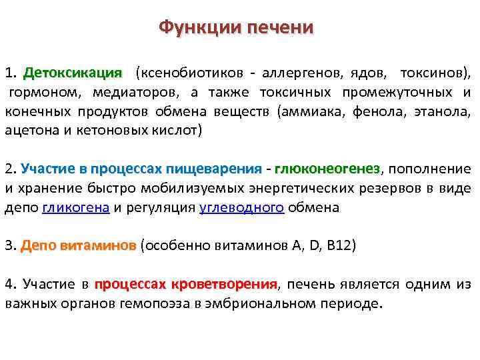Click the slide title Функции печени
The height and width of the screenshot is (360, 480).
coord(236,28)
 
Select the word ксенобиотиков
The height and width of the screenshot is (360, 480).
coord(186,72)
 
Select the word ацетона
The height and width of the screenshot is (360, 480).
coord(31,130)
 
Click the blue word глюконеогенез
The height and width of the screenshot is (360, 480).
coord(327,169)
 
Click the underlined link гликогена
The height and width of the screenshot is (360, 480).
coord(76,207)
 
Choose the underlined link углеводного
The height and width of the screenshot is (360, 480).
coord(242,207)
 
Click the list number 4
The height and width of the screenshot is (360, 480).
coord(9,285)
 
